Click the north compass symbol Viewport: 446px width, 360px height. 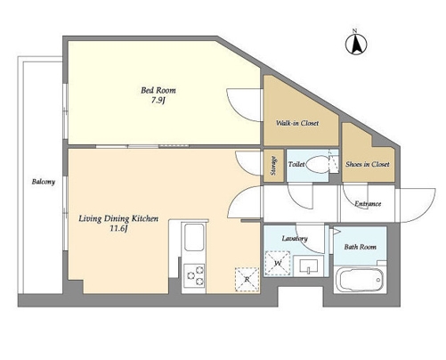coord(356,44)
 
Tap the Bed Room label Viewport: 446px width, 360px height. coord(158,90)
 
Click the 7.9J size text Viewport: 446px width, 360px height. coord(158,101)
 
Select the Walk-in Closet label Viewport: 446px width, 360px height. coord(297,123)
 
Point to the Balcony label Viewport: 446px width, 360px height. coord(44,182)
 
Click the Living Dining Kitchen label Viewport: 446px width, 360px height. coord(118,219)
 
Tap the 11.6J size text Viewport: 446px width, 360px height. coord(118,229)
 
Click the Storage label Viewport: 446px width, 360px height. coord(274,166)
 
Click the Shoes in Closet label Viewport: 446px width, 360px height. coord(368,164)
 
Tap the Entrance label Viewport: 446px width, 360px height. coord(368,204)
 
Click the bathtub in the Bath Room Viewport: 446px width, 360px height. coord(361,280)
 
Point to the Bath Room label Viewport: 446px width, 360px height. coord(360,247)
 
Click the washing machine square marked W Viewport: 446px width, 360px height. coord(278,263)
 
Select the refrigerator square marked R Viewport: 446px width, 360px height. coord(247,279)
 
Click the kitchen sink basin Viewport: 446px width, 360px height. coord(194,237)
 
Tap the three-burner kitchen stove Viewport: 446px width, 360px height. coord(194,275)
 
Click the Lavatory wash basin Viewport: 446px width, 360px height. coord(309,266)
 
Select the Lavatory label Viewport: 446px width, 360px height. coord(295,239)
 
